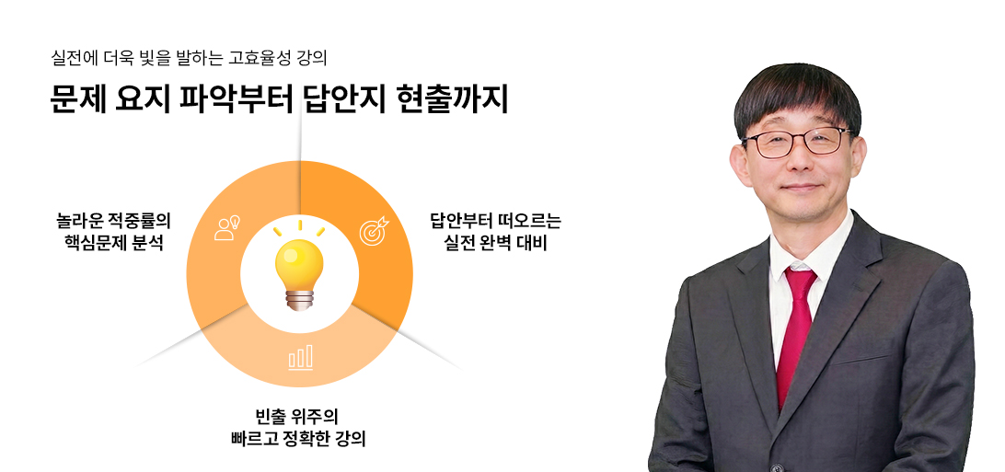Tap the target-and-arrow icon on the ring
coord(373,230)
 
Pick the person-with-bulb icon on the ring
coord(226,226)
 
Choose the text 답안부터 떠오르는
coord(494,221)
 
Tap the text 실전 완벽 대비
coord(494,244)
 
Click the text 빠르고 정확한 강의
coord(299,438)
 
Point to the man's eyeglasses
coord(797,142)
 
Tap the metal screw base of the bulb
coord(299,299)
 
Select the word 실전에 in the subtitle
coord(75,57)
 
